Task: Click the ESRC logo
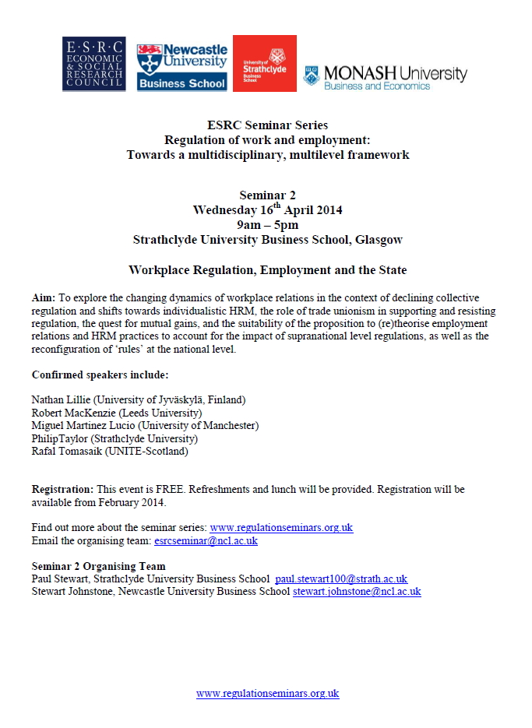click(93, 64)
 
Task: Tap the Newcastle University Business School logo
click(181, 65)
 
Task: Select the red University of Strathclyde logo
click(265, 64)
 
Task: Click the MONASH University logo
click(386, 76)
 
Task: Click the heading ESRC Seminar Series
click(268, 125)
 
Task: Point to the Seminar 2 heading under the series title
click(268, 195)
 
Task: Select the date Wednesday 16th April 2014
click(268, 210)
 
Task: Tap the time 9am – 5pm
click(268, 225)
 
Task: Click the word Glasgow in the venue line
click(379, 240)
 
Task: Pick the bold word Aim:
click(44, 299)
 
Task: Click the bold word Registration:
click(62, 489)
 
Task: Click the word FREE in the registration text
click(168, 489)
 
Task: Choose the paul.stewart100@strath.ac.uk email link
click(341, 579)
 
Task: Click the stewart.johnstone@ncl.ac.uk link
click(357, 592)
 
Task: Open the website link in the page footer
click(267, 693)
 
